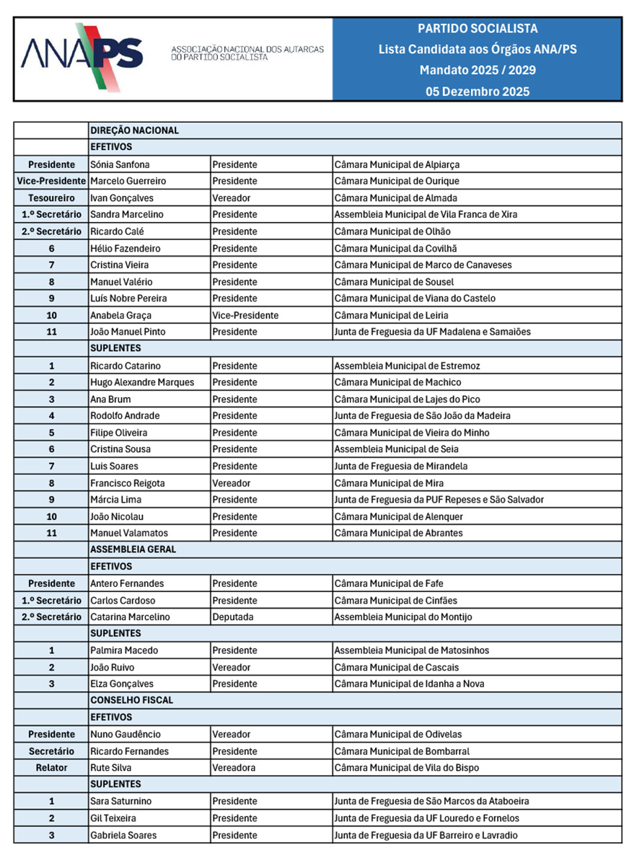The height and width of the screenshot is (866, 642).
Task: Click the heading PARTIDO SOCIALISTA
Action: coord(478,29)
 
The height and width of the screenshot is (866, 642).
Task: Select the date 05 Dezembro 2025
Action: coord(478,92)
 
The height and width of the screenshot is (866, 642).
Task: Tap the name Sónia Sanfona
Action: coord(120,164)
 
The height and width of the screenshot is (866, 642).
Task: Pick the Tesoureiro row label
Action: coord(51,198)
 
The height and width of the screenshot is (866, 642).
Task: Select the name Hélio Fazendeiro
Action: coord(126,248)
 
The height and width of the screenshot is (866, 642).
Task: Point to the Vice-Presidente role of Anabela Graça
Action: coord(245,315)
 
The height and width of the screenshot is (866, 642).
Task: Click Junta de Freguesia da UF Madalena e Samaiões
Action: coord(432,332)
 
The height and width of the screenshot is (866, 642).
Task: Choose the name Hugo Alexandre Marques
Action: coord(142,382)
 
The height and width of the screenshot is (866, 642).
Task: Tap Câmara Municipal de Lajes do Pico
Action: coord(407,399)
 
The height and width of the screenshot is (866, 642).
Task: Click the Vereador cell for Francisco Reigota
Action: coord(232,483)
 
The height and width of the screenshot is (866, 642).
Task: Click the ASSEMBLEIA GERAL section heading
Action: coord(133,549)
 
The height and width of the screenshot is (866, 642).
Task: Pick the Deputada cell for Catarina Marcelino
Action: coord(232,617)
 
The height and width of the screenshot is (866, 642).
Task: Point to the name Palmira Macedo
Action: coord(124,650)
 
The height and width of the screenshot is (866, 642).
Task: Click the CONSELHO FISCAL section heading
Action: coord(132,700)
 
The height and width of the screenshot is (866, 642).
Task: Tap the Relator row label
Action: coord(51,768)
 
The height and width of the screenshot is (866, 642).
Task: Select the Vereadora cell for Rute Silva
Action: coord(234,768)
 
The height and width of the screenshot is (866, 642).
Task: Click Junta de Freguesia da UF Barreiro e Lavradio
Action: coord(426,835)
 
